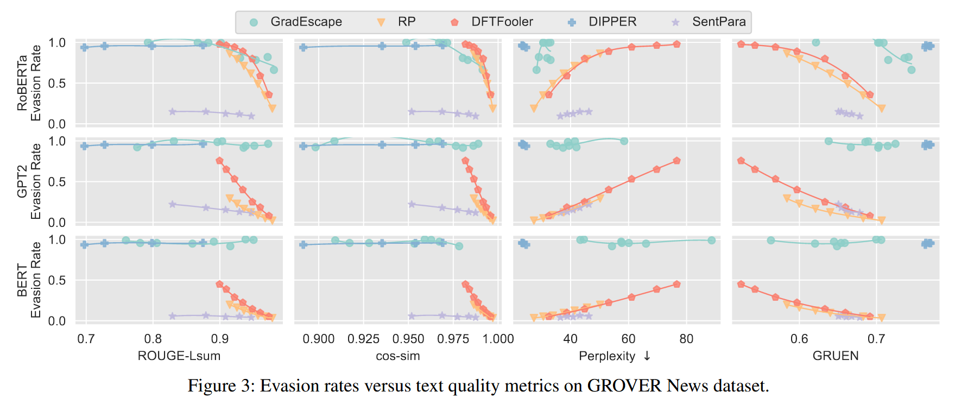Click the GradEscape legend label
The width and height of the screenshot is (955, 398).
point(306,22)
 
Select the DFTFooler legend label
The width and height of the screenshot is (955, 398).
point(502,22)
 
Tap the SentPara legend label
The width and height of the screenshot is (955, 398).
point(719,22)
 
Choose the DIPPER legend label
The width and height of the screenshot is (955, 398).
point(612,22)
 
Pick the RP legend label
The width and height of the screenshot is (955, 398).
point(407,22)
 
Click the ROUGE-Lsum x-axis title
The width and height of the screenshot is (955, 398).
point(179,356)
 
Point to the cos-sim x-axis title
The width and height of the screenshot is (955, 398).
point(398,356)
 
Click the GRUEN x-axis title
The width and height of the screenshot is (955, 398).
point(836,356)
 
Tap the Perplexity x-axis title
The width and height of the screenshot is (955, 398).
point(607,356)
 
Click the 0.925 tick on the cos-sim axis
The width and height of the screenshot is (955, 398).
point(363,339)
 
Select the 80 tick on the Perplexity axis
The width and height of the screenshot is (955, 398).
point(686,339)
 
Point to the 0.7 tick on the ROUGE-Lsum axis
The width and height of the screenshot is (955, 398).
point(86,339)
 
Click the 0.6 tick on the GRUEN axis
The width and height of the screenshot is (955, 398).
point(799,339)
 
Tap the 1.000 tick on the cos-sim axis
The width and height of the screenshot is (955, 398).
point(498,339)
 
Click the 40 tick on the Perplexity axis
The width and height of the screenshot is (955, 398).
point(570,339)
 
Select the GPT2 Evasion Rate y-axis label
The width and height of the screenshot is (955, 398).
point(29,181)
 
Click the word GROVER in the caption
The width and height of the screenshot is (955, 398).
point(624,386)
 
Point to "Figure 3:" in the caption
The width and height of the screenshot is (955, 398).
point(220,386)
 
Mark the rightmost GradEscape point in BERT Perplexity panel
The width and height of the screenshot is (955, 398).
point(711,241)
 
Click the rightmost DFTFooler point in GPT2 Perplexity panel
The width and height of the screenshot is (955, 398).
point(676,161)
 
